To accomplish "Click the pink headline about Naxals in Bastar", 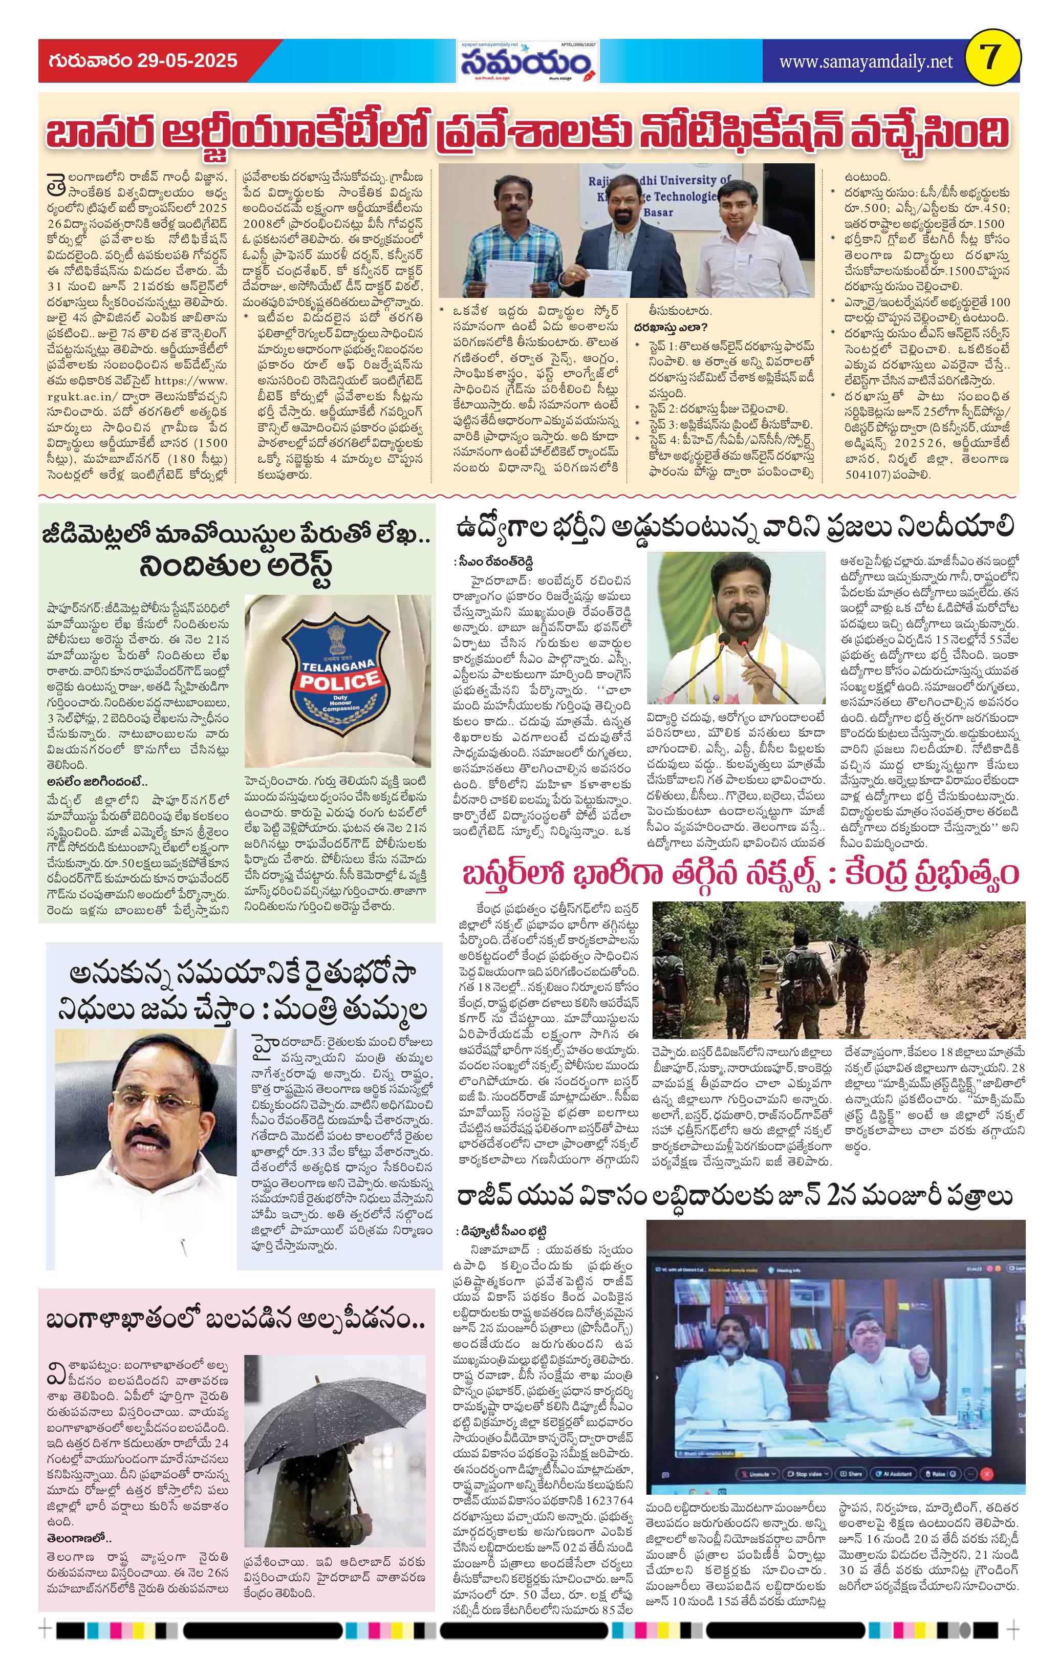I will point(740,874).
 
